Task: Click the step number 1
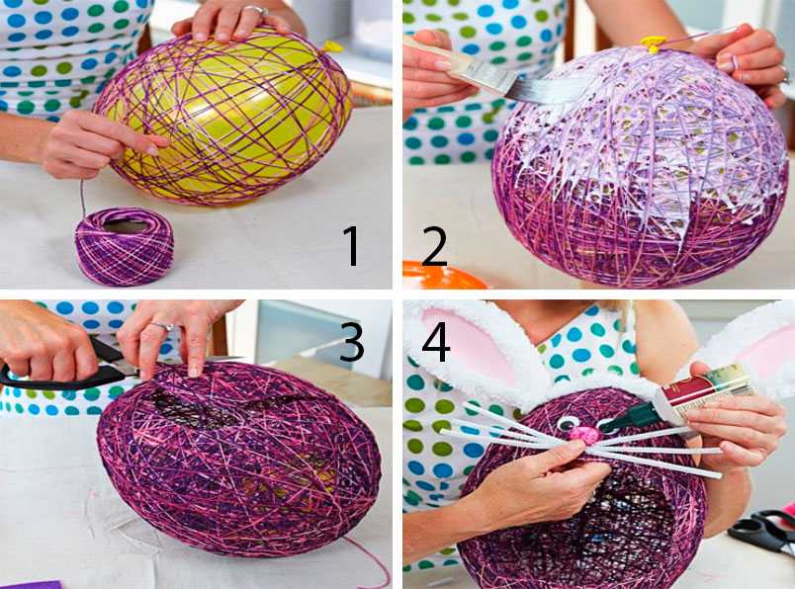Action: click(351, 246)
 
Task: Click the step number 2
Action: click(434, 246)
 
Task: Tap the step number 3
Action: click(352, 342)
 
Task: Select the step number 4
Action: click(436, 342)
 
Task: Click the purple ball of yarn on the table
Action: click(125, 246)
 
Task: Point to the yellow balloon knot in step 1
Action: click(332, 46)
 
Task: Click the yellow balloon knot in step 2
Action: click(651, 44)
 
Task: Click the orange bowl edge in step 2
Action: click(442, 275)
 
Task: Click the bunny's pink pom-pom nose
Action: click(583, 434)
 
